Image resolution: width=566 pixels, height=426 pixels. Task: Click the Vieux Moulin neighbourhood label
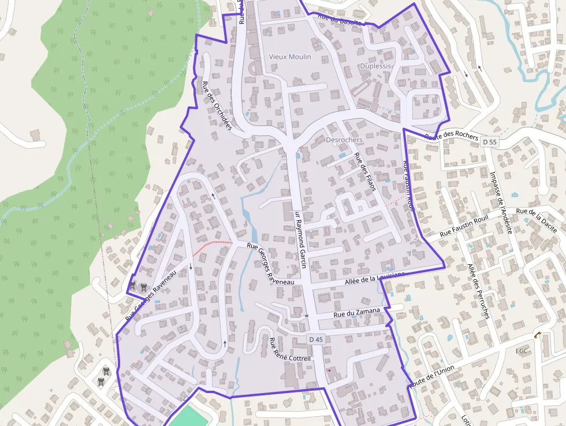pos(290,57)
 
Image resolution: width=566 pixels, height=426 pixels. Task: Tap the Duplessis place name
pos(375,66)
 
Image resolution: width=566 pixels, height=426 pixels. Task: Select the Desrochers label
pos(344,140)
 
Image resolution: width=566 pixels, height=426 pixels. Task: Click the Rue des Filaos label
pos(365,172)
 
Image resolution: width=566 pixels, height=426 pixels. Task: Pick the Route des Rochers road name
pos(452,136)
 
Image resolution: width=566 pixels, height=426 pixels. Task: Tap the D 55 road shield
pos(490,142)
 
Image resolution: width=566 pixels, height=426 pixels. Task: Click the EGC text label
pos(522,351)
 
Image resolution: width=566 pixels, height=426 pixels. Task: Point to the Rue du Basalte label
pos(339,20)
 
